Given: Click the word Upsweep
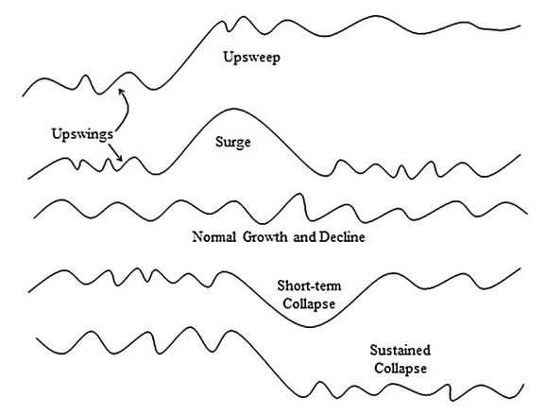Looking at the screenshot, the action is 251,58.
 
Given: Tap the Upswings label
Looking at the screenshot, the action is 82,134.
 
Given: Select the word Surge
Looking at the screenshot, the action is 233,143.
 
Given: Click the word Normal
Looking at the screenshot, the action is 214,237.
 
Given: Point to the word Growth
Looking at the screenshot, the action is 265,237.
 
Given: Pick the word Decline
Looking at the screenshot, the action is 342,237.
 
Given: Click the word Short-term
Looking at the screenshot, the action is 309,285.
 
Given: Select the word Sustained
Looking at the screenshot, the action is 401,350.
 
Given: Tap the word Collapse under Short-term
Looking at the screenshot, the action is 309,303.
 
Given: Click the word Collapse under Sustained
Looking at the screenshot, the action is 401,369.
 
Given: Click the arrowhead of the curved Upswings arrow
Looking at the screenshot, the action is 121,92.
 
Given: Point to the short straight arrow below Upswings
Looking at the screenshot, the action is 115,152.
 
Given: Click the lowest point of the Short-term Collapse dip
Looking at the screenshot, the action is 310,326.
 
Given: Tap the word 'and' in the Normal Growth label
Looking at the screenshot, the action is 304,237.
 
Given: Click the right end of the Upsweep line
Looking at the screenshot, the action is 520,26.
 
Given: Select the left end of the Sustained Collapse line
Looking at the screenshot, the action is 37,337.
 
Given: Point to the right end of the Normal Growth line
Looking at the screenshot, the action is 527,214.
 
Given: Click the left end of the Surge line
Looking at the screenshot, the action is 29,179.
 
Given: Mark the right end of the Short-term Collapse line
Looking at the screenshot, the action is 520,268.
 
